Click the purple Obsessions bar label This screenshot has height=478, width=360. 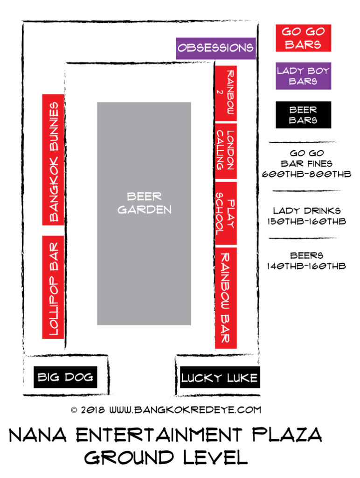point(215,48)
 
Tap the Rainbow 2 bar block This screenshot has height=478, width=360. point(226,93)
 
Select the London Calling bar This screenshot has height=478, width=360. point(226,151)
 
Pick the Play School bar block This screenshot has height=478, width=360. point(226,213)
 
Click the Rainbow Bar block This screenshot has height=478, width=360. point(226,298)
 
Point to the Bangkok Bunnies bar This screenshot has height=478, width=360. point(53,160)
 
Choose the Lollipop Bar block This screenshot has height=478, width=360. point(53,287)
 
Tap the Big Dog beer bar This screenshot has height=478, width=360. point(65,377)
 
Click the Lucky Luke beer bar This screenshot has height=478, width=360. point(220,377)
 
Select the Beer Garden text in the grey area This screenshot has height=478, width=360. point(144,203)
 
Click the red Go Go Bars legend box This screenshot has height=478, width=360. point(304,38)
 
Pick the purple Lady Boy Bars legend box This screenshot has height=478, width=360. point(304,76)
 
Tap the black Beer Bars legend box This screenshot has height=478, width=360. point(304,115)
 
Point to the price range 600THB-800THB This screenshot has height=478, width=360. point(306,175)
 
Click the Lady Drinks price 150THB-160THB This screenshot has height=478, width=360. point(306,221)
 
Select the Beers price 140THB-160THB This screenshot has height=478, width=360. point(306,266)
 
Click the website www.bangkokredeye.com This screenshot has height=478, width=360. point(185,410)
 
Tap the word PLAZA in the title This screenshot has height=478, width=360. point(287,435)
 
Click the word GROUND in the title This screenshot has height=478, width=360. point(129,457)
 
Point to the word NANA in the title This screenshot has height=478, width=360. point(38,435)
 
